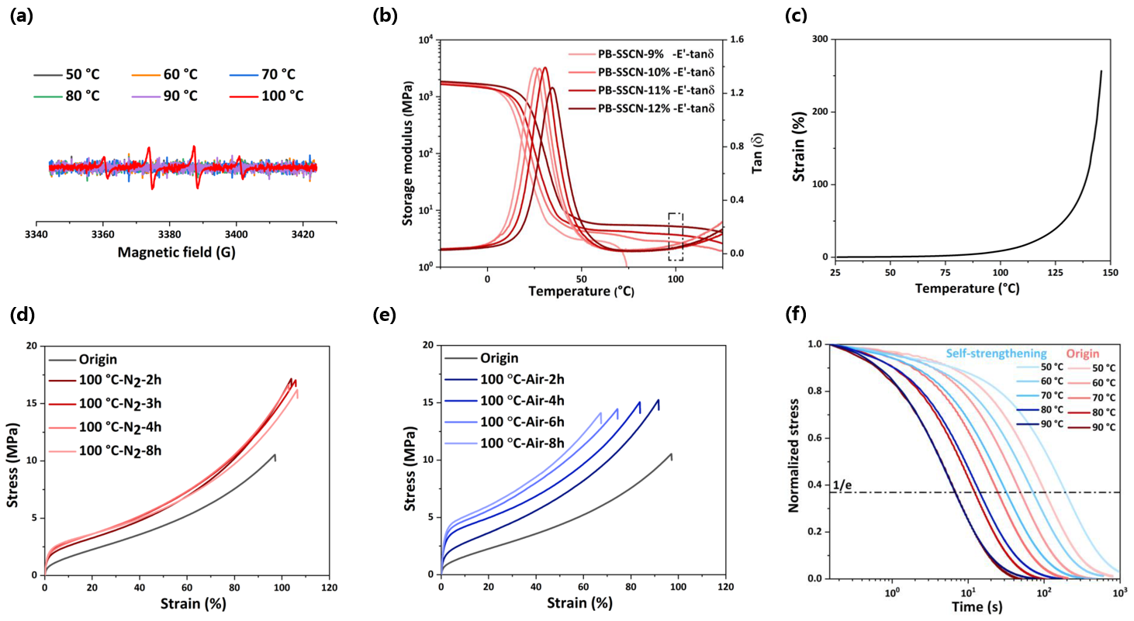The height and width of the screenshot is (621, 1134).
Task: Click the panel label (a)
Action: click(21, 14)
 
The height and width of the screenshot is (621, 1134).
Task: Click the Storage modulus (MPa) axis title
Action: click(407, 154)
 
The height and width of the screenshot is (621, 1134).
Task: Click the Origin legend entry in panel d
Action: click(98, 360)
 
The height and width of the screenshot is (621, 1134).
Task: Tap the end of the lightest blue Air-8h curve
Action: click(601, 413)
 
